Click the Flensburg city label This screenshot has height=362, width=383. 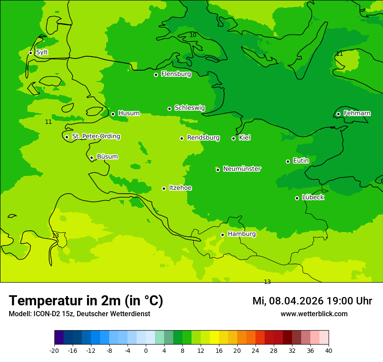point(176,74)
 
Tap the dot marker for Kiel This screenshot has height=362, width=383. point(233,138)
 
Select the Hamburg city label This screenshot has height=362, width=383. point(242,234)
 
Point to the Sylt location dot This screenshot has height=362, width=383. point(30,53)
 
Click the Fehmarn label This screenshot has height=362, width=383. point(357,113)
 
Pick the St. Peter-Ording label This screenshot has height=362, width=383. point(96,137)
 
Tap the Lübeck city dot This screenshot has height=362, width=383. point(297,198)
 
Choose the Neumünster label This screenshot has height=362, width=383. point(242,169)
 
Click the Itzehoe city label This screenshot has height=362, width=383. point(180,188)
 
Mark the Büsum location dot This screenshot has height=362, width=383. point(91,157)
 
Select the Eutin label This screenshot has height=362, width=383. point(301,161)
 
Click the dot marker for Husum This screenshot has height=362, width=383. point(113,114)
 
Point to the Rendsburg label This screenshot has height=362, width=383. point(203,138)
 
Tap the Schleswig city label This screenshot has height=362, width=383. point(189,108)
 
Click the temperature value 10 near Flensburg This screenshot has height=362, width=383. point(193,35)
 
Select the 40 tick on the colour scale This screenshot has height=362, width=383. point(329,350)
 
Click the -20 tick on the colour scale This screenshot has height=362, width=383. point(54,350)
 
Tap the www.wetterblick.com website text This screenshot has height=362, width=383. point(314,314)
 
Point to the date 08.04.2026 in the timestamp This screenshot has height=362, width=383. point(296,301)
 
